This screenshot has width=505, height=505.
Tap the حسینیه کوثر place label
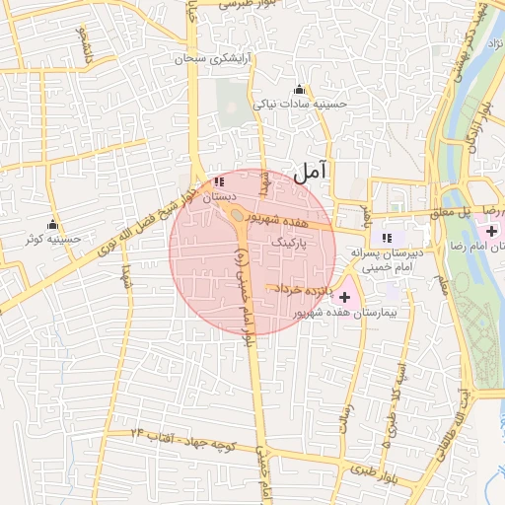(x=53, y=239)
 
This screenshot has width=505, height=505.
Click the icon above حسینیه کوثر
(x=52, y=224)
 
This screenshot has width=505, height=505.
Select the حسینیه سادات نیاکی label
(x=301, y=103)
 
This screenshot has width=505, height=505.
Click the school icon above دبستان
(x=218, y=182)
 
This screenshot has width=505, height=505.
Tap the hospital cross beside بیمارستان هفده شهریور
(x=343, y=296)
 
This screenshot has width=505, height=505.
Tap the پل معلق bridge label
(x=454, y=211)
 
